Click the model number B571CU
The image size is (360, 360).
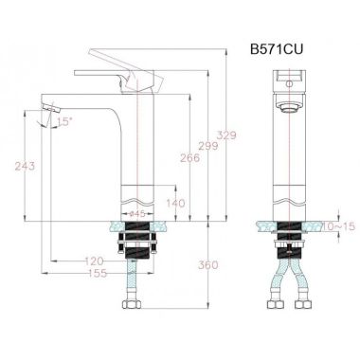pyautogui.click(x=277, y=49)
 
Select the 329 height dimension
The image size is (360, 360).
pyautogui.click(x=226, y=135)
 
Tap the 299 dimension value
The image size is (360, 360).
pyautogui.click(x=208, y=146)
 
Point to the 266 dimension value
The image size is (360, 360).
pyautogui.click(x=189, y=157)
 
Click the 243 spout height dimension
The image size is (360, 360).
pyautogui.click(x=25, y=166)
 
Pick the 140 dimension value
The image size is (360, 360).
pyautogui.click(x=176, y=203)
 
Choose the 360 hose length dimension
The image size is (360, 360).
pyautogui.click(x=208, y=264)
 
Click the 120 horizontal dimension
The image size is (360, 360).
pyautogui.click(x=94, y=261)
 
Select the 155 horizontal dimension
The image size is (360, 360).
pyautogui.click(x=98, y=273)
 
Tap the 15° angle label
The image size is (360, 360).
pyautogui.click(x=64, y=121)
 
